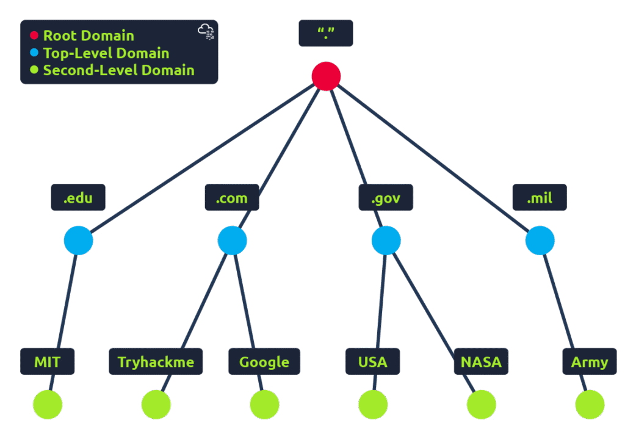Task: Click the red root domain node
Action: pyautogui.click(x=326, y=76)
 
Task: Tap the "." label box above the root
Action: pyautogui.click(x=325, y=33)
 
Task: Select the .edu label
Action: pyautogui.click(x=78, y=198)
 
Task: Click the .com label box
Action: pyautogui.click(x=232, y=198)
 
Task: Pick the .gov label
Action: pyautogui.click(x=386, y=198)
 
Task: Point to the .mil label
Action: pyautogui.click(x=540, y=198)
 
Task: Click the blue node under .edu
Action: pyautogui.click(x=79, y=241)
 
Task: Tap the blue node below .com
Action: pyautogui.click(x=233, y=241)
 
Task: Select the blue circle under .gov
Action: pyautogui.click(x=386, y=241)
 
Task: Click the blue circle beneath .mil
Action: pyautogui.click(x=540, y=241)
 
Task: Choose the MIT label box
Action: pyautogui.click(x=47, y=361)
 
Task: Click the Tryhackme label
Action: pyautogui.click(x=156, y=361)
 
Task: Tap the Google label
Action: pyautogui.click(x=264, y=361)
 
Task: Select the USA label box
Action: pyautogui.click(x=372, y=361)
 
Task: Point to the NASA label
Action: pyautogui.click(x=481, y=361)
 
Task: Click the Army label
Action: pyautogui.click(x=590, y=361)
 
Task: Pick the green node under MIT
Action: pyautogui.click(x=48, y=404)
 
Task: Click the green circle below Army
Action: pyautogui.click(x=590, y=404)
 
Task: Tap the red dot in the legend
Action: pyautogui.click(x=34, y=36)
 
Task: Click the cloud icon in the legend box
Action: pyautogui.click(x=206, y=32)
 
